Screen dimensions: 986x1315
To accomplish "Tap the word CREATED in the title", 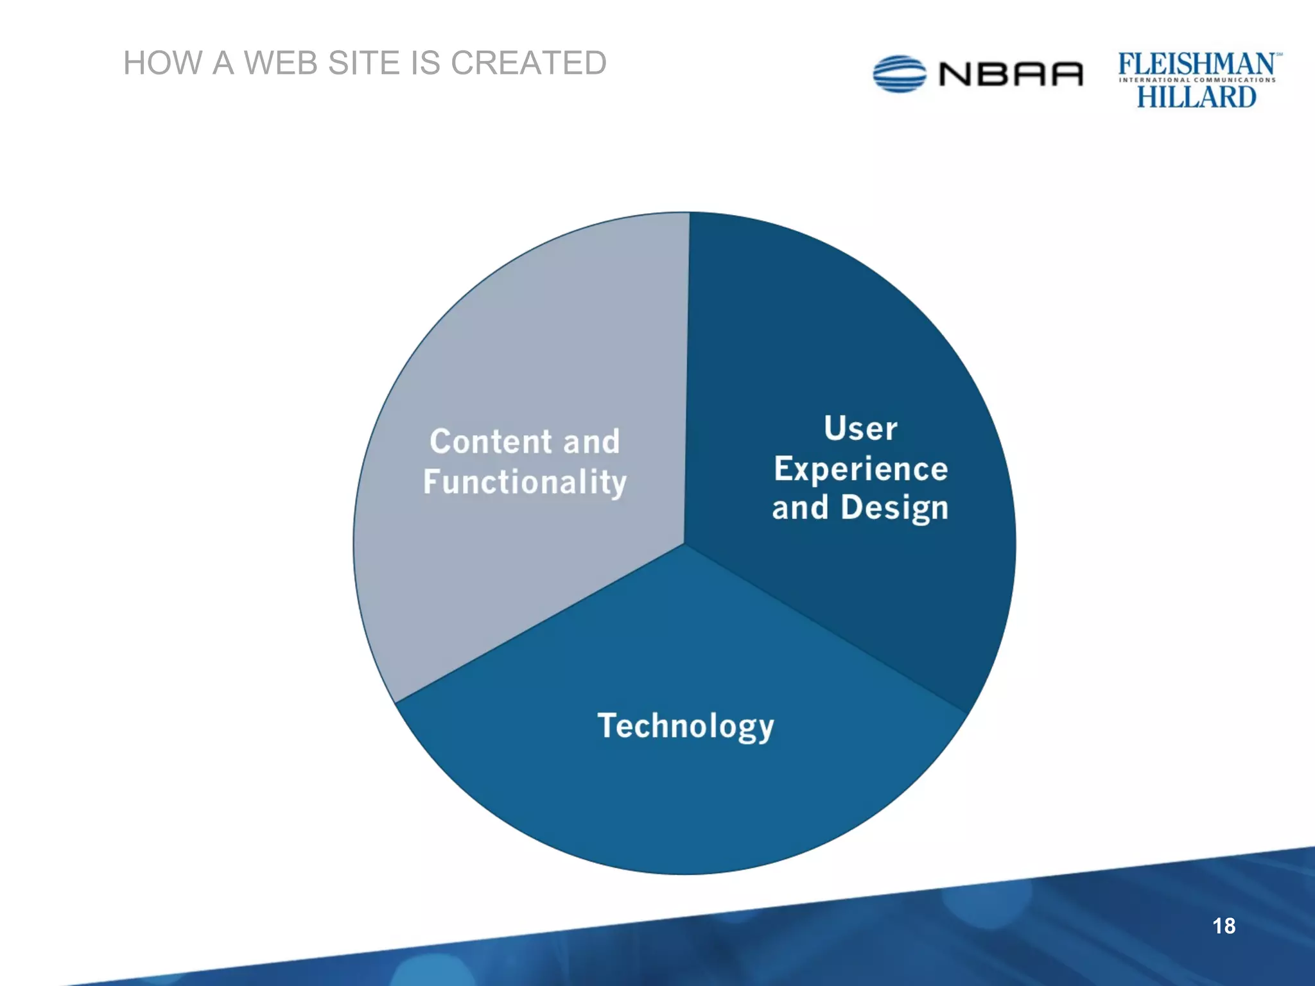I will coord(528,63).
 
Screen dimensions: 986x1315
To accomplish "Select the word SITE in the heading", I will coord(363,63).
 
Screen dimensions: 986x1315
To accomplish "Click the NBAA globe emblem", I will coord(900,74).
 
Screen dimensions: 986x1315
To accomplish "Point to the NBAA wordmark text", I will coord(1011,74).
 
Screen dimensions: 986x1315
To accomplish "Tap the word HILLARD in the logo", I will coord(1196,97).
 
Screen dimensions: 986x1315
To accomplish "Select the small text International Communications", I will coord(1197,80).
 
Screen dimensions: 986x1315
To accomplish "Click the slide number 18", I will coord(1224,926).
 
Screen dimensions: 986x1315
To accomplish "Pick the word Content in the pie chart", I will coord(491,442).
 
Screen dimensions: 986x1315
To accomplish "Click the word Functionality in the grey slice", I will coord(525,482).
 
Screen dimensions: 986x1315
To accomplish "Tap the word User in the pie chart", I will coord(860,428).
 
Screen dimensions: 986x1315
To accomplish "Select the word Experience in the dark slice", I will coord(860,468).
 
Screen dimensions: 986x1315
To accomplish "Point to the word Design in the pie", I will coord(894,508).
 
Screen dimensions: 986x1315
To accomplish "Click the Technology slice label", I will coord(686,726).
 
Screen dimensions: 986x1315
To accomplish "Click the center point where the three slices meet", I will coord(684,544).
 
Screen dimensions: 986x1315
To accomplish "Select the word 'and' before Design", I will coord(800,508).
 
